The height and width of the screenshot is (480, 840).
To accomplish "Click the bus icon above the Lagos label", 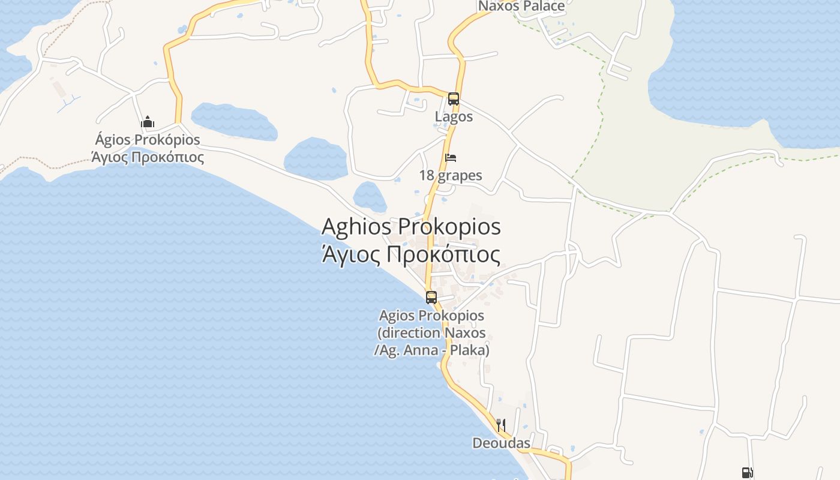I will pyautogui.click(x=454, y=99).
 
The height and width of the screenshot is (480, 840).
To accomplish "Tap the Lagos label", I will pyautogui.click(x=454, y=117).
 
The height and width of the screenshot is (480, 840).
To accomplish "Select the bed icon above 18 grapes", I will pyautogui.click(x=451, y=158).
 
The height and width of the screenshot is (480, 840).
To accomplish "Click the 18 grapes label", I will pyautogui.click(x=451, y=175).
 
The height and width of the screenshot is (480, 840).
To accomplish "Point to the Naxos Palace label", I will pyautogui.click(x=521, y=6).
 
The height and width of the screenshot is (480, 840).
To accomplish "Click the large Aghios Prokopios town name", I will pyautogui.click(x=411, y=227).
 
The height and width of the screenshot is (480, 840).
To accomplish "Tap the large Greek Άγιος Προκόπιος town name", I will pyautogui.click(x=411, y=254).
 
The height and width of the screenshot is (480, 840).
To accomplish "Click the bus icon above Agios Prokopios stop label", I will pyautogui.click(x=431, y=297).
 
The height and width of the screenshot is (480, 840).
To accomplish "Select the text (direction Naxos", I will pyautogui.click(x=431, y=332).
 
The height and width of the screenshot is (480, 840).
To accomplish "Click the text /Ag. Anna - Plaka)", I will pyautogui.click(x=431, y=350).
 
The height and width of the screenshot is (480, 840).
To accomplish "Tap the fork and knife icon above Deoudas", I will pyautogui.click(x=500, y=425).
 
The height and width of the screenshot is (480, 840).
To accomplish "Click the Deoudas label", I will pyautogui.click(x=501, y=443).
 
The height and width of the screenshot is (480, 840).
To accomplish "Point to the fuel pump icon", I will pyautogui.click(x=747, y=473).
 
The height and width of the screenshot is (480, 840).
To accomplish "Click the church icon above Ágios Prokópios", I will pyautogui.click(x=148, y=122).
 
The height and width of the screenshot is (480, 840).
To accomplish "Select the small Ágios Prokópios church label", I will pyautogui.click(x=148, y=140).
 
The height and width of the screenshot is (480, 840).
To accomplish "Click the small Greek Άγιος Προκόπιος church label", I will pyautogui.click(x=148, y=157).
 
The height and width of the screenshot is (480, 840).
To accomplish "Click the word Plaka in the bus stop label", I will pyautogui.click(x=470, y=350).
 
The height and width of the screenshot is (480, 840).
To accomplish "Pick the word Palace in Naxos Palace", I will pyautogui.click(x=543, y=6).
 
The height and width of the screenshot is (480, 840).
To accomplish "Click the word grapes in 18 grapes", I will pyautogui.click(x=460, y=176).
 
